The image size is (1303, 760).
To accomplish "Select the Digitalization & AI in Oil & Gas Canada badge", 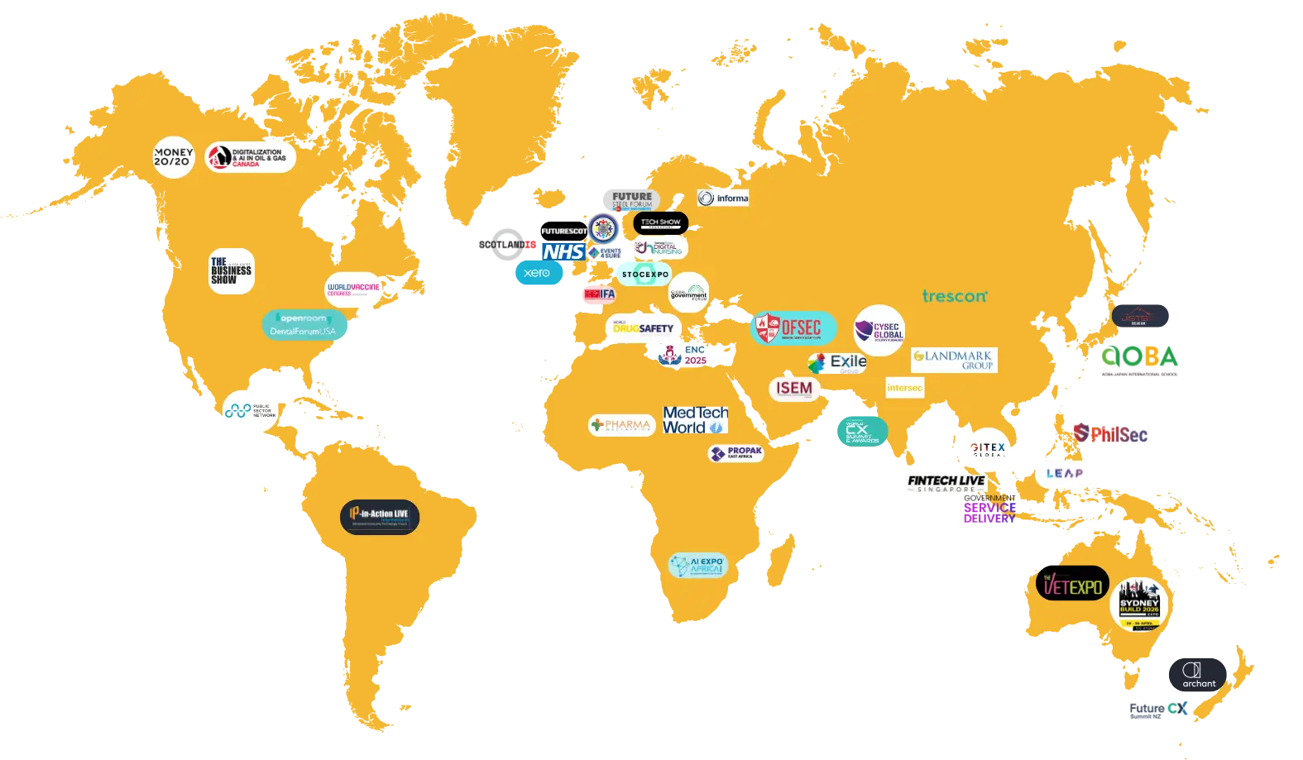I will coord(250,157).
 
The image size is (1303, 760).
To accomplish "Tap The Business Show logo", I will coord(231,271).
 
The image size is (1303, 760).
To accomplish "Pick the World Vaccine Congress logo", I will coord(353,289).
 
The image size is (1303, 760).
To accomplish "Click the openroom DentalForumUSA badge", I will coord(304,324).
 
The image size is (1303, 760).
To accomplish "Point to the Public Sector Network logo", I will coord(250,410).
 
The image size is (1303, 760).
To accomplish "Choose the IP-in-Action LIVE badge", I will coord(380,517).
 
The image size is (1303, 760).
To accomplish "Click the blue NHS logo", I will coord(563,251).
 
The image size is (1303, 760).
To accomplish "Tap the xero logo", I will coord(538,273).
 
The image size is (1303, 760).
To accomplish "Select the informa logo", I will coord(724,198).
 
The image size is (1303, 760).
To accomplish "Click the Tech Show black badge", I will coord(660,222).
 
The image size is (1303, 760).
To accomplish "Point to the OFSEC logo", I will coord(793,328).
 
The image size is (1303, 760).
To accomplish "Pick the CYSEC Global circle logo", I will coord(879,331).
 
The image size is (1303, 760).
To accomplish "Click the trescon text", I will coord(955,296).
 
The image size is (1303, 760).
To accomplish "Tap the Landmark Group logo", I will coord(954,360).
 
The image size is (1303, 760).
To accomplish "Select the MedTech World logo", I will coord(695,420).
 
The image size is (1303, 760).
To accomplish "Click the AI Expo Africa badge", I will coord(697,566).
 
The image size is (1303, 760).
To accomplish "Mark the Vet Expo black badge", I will coord(1072,585).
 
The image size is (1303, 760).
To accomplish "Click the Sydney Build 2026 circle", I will coord(1139,605).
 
